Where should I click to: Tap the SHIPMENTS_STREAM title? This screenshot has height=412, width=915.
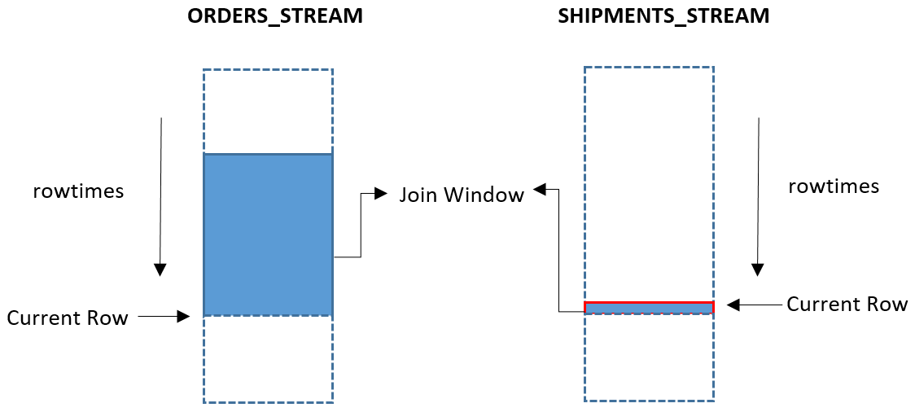coord(663,16)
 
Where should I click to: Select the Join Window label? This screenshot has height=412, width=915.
coord(462,195)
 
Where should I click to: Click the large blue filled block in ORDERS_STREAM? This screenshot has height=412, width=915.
coord(268,234)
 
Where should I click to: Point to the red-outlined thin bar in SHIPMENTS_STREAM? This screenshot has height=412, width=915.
coord(649,307)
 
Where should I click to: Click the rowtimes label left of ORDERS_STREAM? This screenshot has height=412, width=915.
coord(78,191)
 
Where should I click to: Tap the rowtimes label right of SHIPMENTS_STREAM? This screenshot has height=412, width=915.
coord(834,186)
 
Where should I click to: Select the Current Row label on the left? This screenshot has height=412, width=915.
coord(68,318)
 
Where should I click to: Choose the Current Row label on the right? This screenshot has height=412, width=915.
coord(847,305)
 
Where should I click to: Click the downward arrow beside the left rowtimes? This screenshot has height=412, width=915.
coord(161,195)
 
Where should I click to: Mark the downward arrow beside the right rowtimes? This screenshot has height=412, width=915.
coord(759,195)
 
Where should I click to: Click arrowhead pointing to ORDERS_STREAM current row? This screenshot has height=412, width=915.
coord(184,317)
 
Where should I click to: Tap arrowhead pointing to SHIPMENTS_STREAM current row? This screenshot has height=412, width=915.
coord(733,305)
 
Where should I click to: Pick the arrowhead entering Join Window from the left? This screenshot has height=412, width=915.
coord(381,194)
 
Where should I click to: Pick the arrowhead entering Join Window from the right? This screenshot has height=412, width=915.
coord(540,190)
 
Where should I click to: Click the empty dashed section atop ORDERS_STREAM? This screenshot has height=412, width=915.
coord(268,111)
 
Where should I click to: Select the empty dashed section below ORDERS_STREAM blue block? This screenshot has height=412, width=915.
coord(268,358)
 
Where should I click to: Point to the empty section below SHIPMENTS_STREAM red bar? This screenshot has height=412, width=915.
coord(649,357)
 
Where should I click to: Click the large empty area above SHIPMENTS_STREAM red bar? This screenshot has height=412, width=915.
coord(649,183)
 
